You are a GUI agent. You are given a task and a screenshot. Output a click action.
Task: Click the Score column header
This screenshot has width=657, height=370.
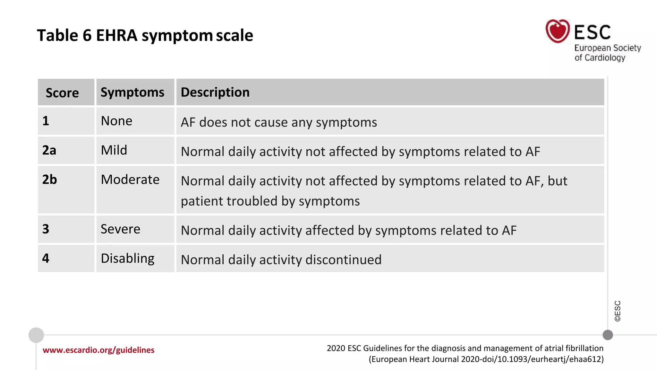[62, 93]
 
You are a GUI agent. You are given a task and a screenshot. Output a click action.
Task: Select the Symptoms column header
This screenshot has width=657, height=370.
[132, 92]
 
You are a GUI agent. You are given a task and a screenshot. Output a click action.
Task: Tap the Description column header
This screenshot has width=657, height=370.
[215, 92]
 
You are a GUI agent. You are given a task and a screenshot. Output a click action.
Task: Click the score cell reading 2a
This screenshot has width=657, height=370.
[49, 150]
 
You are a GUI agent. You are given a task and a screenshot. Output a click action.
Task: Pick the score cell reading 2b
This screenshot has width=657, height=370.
[49, 180]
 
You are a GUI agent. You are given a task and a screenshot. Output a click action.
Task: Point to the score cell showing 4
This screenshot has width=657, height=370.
[46, 259]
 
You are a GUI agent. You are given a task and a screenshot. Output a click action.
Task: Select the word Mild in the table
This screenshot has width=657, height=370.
[114, 150]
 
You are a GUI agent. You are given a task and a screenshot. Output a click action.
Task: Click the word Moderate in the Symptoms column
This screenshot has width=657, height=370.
[130, 180]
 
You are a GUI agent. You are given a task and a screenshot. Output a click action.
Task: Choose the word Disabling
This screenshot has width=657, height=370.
[127, 259]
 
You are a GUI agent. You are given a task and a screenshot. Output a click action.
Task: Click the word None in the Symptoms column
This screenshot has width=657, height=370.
[116, 121]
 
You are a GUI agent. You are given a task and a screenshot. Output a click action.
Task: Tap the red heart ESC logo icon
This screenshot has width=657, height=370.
[558, 31]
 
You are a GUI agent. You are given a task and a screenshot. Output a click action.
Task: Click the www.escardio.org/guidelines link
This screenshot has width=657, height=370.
[98, 350]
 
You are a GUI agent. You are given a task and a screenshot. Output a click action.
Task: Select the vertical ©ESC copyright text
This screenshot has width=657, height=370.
[618, 311]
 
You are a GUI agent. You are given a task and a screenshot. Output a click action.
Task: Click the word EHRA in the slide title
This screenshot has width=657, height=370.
[116, 35]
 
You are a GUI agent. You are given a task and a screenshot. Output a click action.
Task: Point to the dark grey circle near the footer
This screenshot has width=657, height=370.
[608, 335]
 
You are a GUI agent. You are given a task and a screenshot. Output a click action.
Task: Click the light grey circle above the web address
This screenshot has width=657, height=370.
[36, 335]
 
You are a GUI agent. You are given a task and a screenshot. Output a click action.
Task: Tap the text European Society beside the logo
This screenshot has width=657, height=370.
[607, 48]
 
